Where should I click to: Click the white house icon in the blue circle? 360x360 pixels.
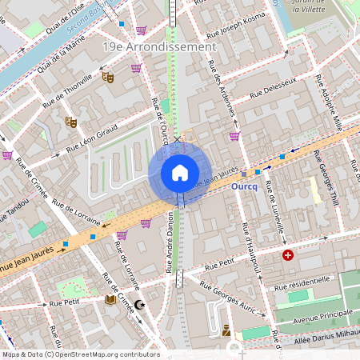click(180, 172)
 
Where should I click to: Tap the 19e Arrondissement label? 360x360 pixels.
click(159, 47)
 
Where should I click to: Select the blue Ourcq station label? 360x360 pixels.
click(243, 186)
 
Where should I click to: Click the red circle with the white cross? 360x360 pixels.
click(288, 255)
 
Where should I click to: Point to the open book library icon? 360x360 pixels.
click(110, 300)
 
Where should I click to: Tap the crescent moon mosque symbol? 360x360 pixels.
click(141, 304)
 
